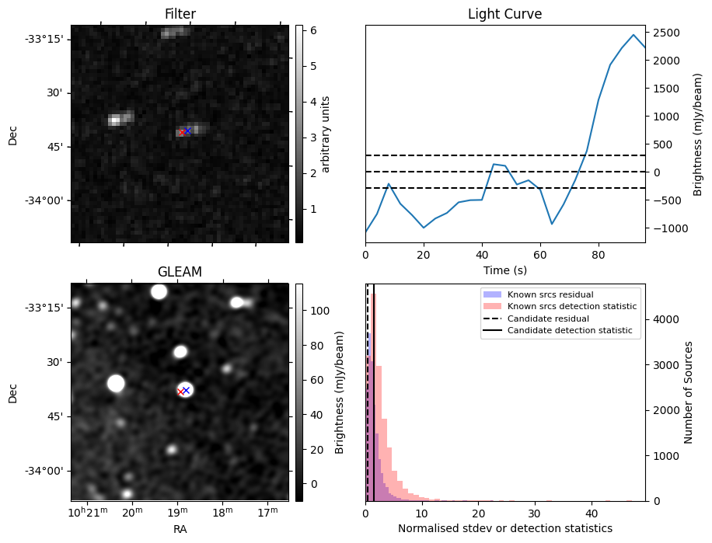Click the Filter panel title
tap(180, 14)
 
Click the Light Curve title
tap(504, 14)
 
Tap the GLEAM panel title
tap(180, 272)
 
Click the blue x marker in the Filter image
tap(187, 131)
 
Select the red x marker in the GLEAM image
tap(180, 392)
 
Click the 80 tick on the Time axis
tap(599, 253)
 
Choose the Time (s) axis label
tap(504, 269)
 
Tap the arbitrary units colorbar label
tap(326, 134)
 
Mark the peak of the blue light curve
tap(633, 35)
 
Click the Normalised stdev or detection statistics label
tap(504, 528)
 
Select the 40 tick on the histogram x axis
tap(592, 513)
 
